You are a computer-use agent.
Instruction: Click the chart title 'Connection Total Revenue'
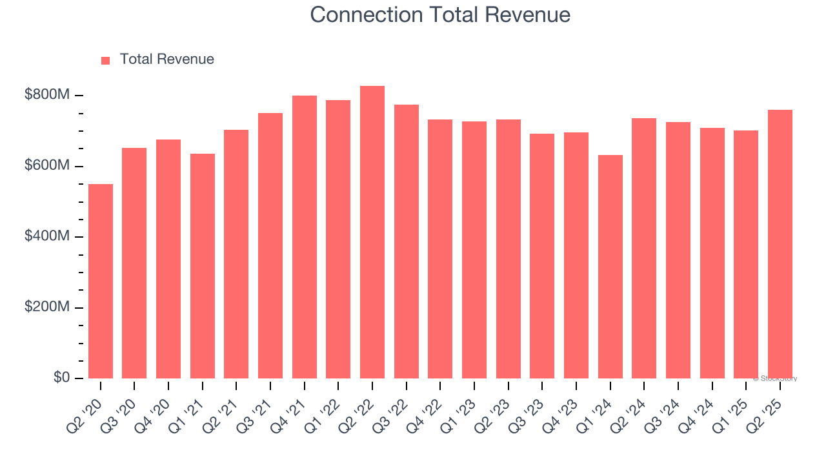pos(439,15)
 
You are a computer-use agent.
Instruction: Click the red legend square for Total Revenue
pos(106,60)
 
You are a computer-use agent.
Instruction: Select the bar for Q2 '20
pos(101,281)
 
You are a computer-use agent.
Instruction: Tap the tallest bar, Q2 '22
pos(372,232)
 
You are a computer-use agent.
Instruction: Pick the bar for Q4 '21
pos(305,237)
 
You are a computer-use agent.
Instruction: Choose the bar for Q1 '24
pos(610,267)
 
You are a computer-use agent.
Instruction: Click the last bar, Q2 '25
pos(780,244)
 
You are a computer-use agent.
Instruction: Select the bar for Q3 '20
pos(134,263)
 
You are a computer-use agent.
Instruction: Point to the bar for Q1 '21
pos(203,266)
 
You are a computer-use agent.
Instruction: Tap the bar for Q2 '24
pos(644,248)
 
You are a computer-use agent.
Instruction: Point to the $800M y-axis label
pos(47,95)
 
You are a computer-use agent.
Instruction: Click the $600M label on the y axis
pos(47,166)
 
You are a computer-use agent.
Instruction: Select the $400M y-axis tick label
pos(47,236)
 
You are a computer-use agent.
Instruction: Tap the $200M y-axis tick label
pos(47,307)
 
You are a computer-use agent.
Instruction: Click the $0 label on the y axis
pos(61,377)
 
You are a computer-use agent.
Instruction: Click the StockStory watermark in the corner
pos(775,378)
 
